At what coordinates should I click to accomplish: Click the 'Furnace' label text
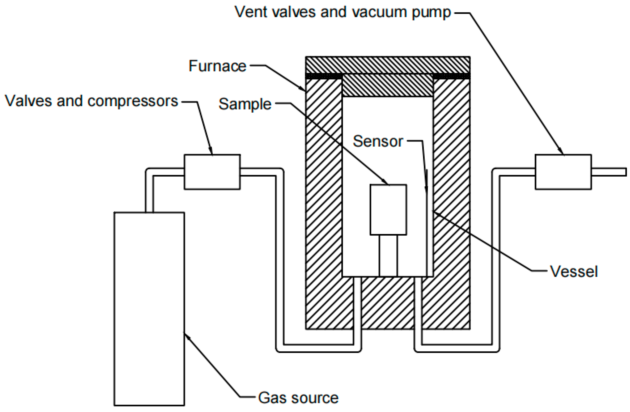pos(217,66)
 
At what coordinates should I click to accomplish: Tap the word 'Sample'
pos(245,104)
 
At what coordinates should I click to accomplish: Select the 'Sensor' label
pos(378,141)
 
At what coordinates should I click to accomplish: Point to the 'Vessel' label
pos(574,271)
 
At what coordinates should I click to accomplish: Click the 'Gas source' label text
pos(298,398)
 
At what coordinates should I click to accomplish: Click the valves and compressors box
pos(212,172)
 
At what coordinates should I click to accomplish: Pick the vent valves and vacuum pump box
pos(563,172)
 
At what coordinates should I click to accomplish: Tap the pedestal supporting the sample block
pos(388,256)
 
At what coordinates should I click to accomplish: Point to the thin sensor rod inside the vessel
pos(427,233)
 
